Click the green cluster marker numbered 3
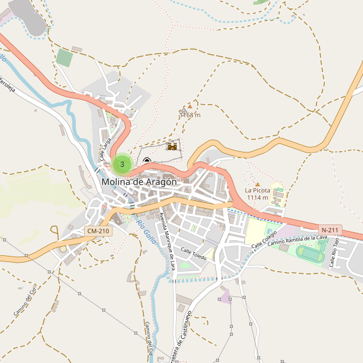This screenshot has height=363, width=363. (122, 163)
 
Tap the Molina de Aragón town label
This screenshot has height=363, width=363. (139, 181)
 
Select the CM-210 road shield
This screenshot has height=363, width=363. (97, 231)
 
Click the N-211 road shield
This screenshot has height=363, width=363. (330, 230)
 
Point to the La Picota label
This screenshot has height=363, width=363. (257, 190)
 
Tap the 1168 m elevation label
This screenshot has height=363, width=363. (191, 114)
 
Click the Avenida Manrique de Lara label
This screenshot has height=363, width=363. (167, 240)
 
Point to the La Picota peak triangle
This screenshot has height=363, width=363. (257, 183)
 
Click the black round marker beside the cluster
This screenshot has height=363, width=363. (146, 161)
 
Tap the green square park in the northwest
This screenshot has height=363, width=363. (64, 58)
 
